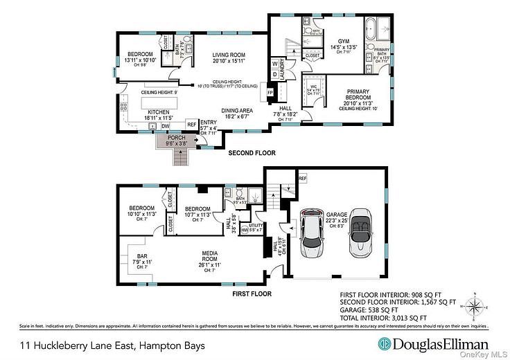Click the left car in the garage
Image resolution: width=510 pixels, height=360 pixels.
click(x=313, y=233)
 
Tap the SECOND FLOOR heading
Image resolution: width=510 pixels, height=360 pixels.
click(x=252, y=153)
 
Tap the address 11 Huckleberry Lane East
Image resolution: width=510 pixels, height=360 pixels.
click(x=107, y=344)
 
